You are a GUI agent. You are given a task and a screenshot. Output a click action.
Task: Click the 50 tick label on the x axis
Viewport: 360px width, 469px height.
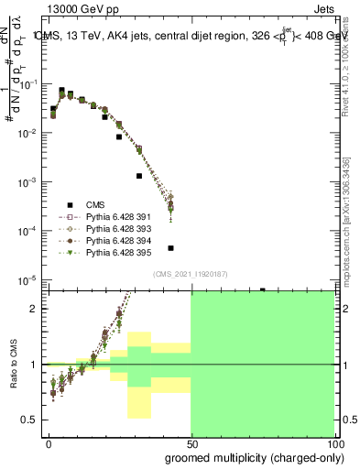click(x=191, y=442)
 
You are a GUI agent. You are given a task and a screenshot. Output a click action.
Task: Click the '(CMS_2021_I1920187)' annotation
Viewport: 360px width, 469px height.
click(x=190, y=273)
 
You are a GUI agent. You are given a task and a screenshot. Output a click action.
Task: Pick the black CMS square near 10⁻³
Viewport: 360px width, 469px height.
click(x=139, y=176)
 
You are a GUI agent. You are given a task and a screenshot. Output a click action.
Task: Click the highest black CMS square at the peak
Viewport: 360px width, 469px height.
click(x=61, y=91)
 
